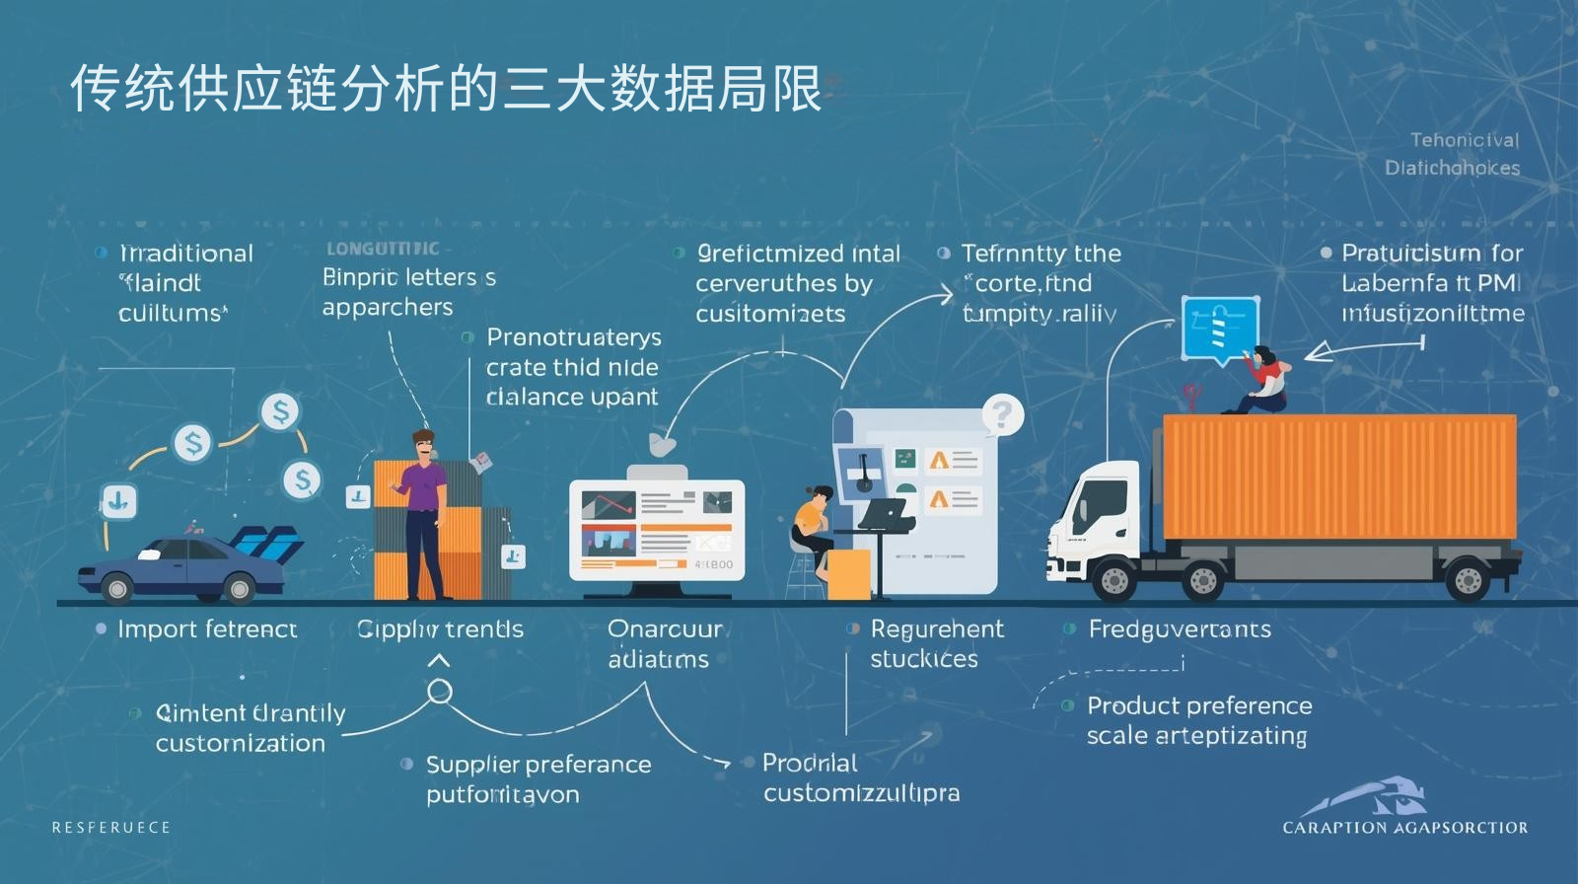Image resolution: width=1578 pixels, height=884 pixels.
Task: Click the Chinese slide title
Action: (446, 89)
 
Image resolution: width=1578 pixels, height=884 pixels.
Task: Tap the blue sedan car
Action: (182, 570)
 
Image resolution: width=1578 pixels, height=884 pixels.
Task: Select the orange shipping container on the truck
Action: (1338, 478)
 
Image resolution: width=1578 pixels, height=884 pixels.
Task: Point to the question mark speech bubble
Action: (1002, 415)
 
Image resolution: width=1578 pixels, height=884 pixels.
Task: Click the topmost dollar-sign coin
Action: (280, 411)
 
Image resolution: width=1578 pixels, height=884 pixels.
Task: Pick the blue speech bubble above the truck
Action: (1220, 330)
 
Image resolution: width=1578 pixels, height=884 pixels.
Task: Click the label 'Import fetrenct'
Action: (206, 629)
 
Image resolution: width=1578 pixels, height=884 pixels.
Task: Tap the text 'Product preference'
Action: (1199, 706)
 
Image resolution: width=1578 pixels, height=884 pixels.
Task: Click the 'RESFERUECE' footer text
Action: (111, 828)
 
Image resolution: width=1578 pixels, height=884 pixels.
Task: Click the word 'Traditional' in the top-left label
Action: (186, 254)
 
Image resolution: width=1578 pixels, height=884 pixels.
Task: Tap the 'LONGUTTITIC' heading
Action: (383, 249)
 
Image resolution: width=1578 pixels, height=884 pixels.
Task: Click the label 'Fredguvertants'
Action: (1180, 629)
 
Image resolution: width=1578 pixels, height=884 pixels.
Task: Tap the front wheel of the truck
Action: (1113, 581)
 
